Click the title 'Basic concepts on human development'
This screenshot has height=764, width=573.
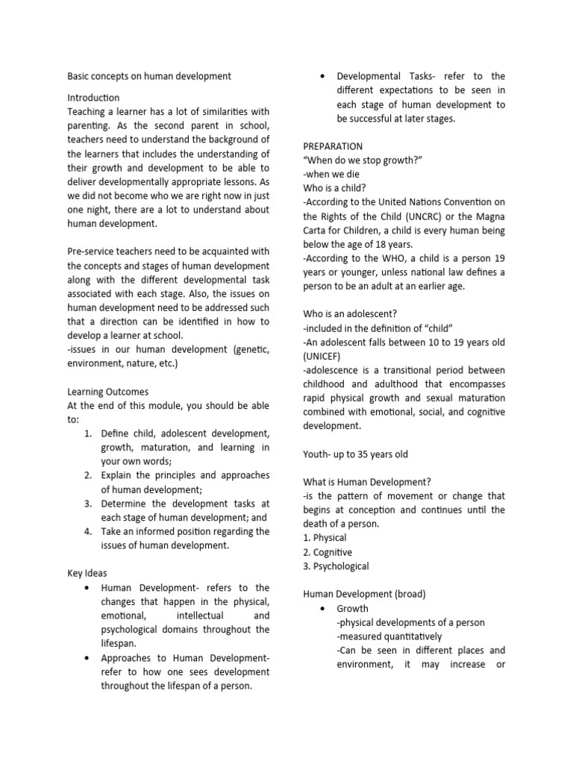[149, 76]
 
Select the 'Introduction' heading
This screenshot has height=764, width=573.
[93, 98]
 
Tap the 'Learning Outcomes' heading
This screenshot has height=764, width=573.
[107, 392]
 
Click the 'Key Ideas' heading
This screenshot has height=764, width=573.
[87, 574]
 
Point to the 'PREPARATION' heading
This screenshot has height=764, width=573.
[333, 146]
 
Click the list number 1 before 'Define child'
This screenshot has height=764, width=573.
[87, 433]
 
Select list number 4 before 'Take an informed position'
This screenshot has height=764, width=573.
[87, 532]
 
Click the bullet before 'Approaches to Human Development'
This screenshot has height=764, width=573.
[88, 658]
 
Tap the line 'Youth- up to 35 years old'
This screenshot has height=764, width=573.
[355, 454]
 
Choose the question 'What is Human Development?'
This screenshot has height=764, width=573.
[367, 482]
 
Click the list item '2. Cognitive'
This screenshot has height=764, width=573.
[328, 552]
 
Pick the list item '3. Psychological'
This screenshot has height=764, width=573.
[336, 566]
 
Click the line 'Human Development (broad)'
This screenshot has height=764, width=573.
[364, 595]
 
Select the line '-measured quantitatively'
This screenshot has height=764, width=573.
[389, 636]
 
